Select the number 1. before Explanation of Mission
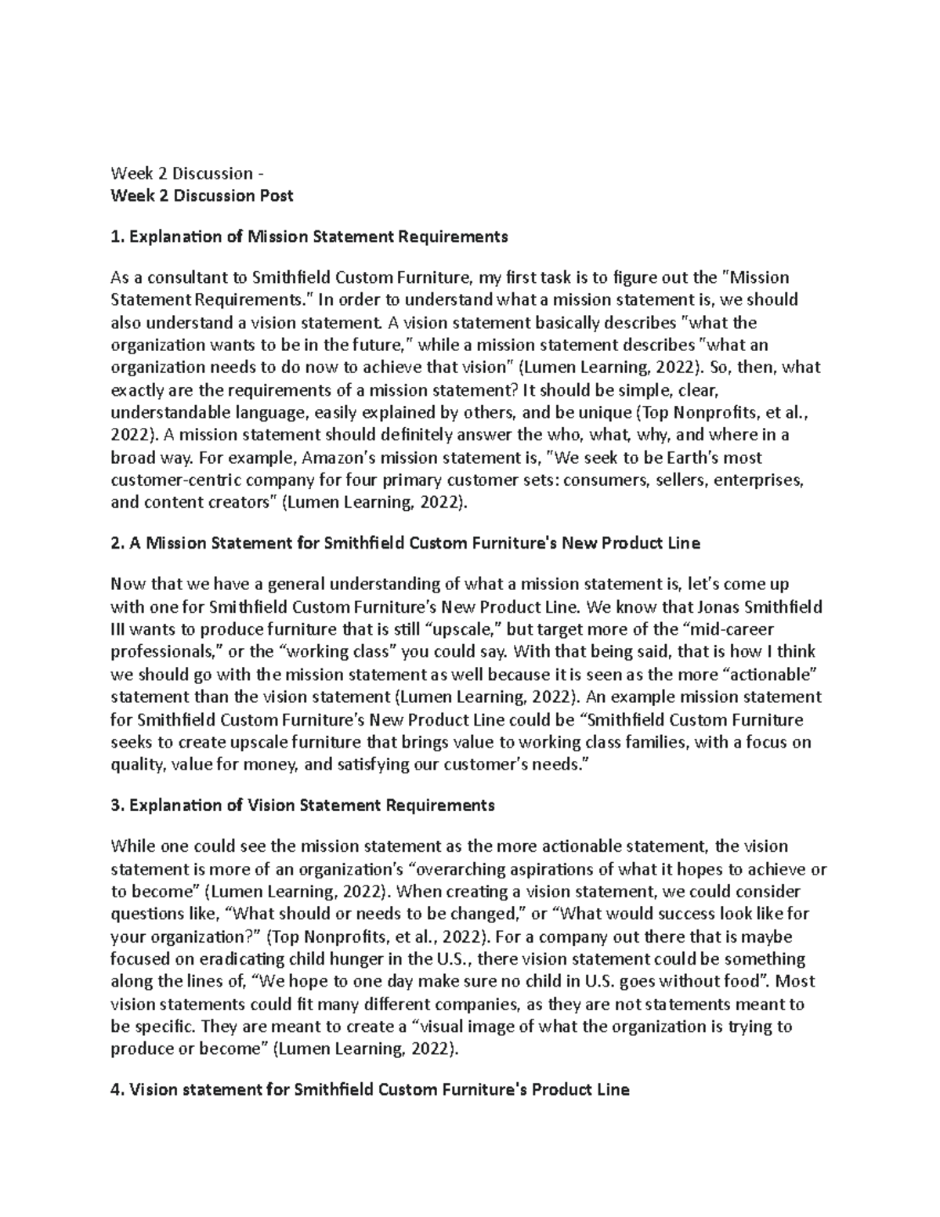tap(117, 237)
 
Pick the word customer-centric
tap(174, 480)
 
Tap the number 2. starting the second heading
tap(117, 543)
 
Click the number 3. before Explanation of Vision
tap(117, 806)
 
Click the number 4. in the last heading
tap(117, 1090)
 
